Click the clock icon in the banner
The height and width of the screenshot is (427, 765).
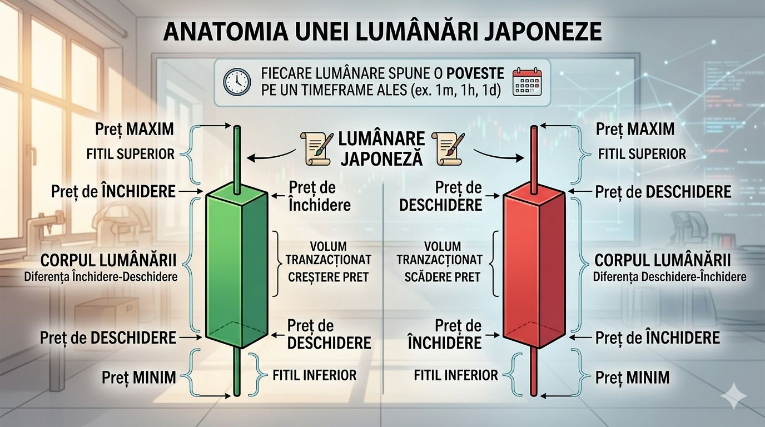point(237,82)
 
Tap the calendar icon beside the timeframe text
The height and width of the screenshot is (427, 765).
point(526,82)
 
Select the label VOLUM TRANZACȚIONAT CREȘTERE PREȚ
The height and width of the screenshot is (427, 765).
point(329,261)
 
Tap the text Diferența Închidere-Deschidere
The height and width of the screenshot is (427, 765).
point(101,276)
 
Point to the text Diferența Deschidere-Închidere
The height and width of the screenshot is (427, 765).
point(669,276)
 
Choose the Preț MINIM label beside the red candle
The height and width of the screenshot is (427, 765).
point(632,378)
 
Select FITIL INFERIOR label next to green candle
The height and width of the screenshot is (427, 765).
point(314,375)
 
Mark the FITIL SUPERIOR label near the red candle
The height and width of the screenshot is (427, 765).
point(642,153)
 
